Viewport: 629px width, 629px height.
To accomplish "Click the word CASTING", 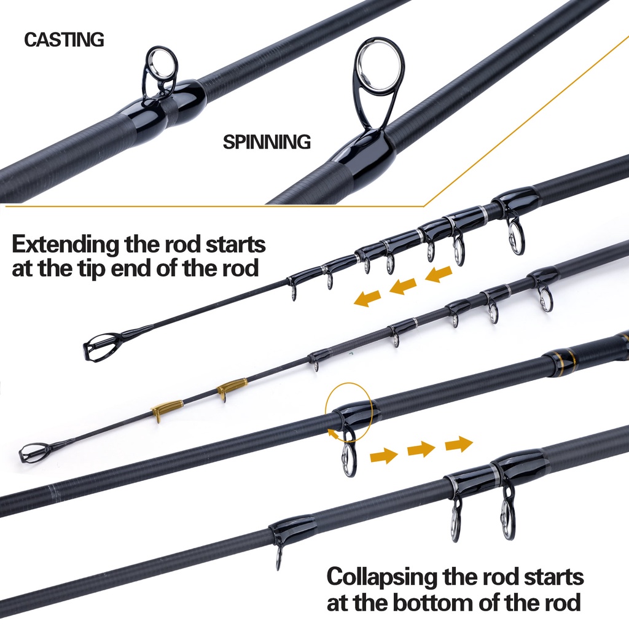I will (64, 40).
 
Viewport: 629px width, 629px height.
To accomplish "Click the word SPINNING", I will (267, 143).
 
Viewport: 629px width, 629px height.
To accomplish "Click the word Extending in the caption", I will (66, 244).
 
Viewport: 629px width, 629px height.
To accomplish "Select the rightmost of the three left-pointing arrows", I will (439, 274).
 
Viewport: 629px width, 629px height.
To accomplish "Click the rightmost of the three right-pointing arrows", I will (459, 443).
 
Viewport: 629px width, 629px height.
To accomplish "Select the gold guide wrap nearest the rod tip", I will (167, 408).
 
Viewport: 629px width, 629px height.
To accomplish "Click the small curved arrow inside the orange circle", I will (333, 433).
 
